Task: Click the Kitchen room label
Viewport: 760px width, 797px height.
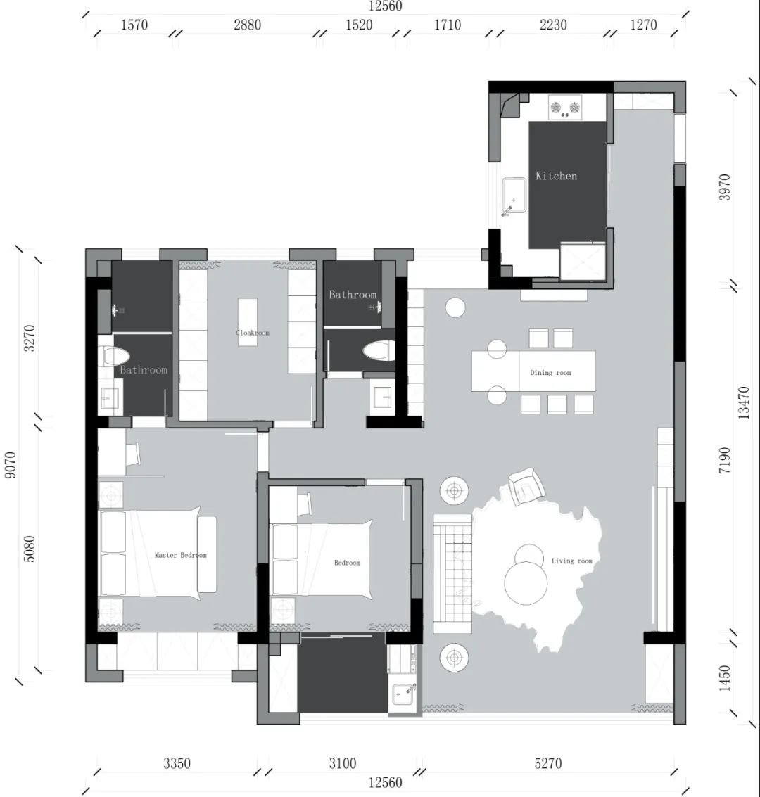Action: tap(556, 176)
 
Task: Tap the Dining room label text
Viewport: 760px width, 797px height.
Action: tap(550, 373)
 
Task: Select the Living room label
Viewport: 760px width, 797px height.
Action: tap(571, 561)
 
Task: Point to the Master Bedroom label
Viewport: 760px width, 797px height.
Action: tap(181, 555)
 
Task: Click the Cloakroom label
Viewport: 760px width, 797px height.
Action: tap(253, 333)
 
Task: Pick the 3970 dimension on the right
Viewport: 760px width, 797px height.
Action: tap(724, 187)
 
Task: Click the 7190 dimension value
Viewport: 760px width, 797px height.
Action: tap(724, 459)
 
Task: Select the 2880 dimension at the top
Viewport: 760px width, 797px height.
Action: tap(247, 25)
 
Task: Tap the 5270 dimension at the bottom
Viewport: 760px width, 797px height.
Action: tap(547, 763)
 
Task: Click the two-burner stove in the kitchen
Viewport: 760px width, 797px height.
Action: tap(566, 108)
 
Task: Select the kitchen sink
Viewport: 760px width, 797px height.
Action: tap(514, 196)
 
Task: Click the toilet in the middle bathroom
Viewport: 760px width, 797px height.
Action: tap(375, 351)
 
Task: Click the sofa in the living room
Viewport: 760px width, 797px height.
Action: tap(452, 573)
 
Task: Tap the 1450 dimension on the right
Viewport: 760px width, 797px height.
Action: tap(724, 678)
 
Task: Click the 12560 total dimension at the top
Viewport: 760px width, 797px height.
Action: tap(385, 6)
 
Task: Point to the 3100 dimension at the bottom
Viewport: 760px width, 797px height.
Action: tap(343, 763)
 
